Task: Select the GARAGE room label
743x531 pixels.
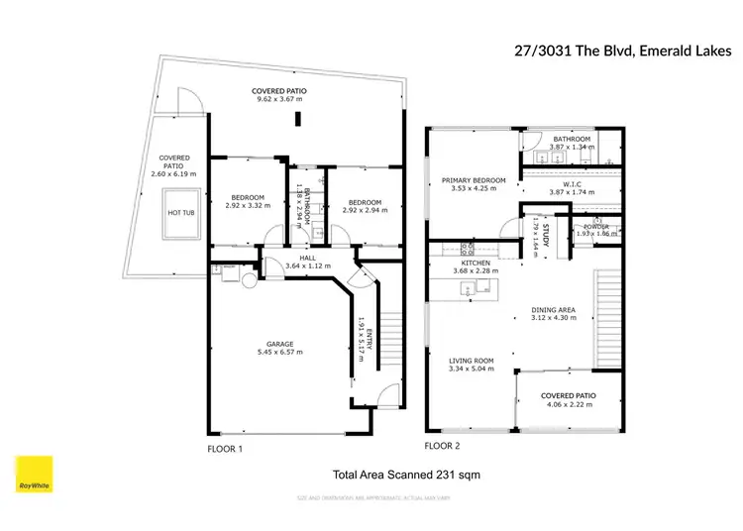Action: coord(278,342)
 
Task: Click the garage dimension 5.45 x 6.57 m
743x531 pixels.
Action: coord(278,352)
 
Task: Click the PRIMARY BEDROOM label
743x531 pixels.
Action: coord(473,180)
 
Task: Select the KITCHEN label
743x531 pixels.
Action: coord(476,263)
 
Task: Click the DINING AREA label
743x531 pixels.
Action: coord(553,308)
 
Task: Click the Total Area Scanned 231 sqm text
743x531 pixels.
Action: coord(406,476)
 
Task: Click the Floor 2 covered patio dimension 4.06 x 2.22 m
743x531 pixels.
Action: coord(567,405)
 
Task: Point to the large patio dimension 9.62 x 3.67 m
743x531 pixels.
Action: coord(278,100)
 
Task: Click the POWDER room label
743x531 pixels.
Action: coord(595,226)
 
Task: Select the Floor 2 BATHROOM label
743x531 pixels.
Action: coord(572,139)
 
